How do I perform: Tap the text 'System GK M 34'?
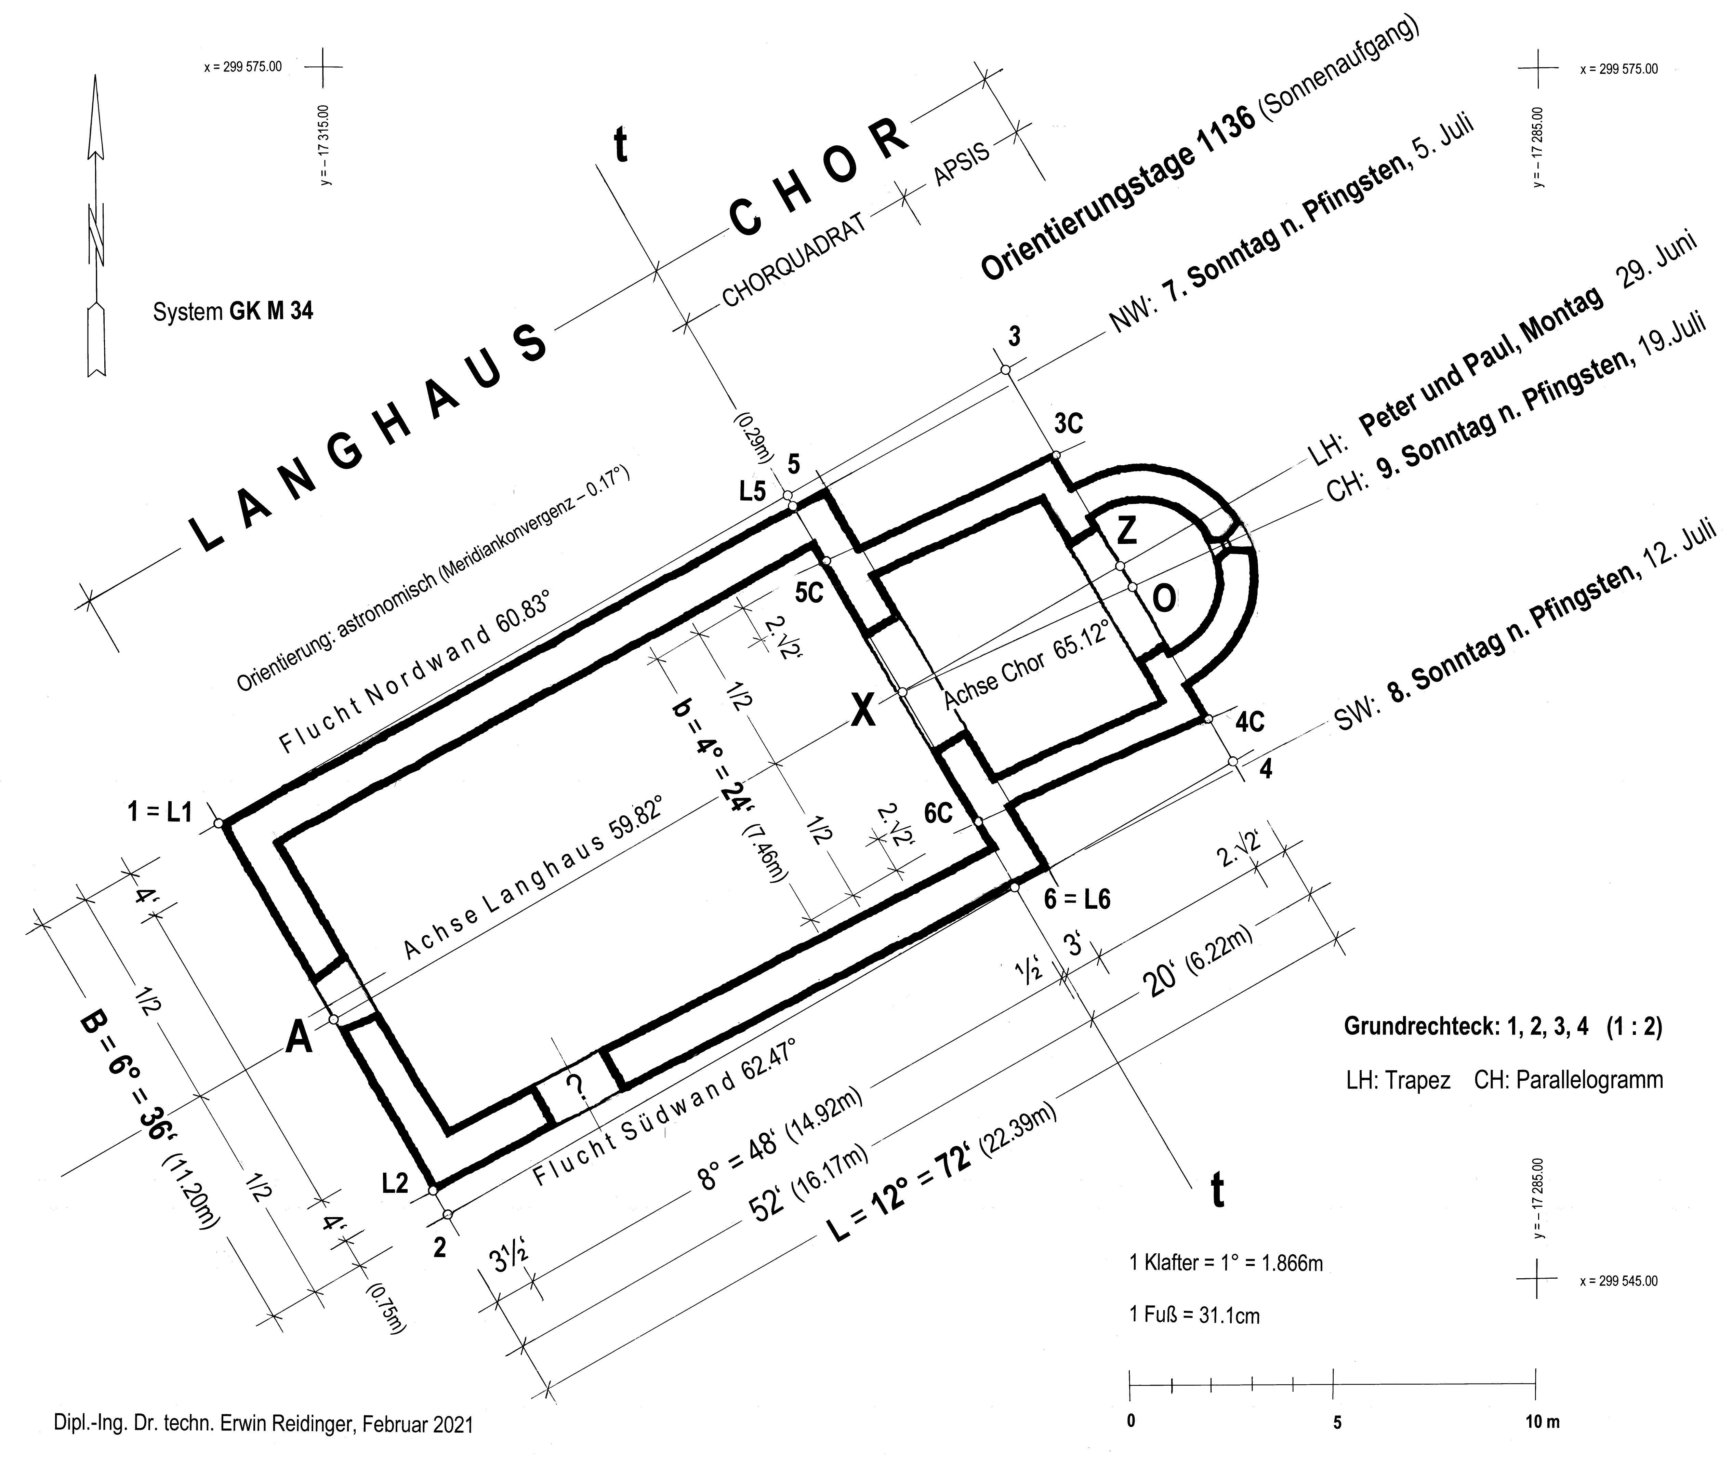[233, 312]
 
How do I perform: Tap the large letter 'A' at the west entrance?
[300, 1038]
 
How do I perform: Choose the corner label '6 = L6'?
[1077, 898]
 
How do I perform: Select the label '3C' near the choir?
[1069, 424]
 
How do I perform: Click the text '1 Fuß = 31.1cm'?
[1194, 1316]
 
